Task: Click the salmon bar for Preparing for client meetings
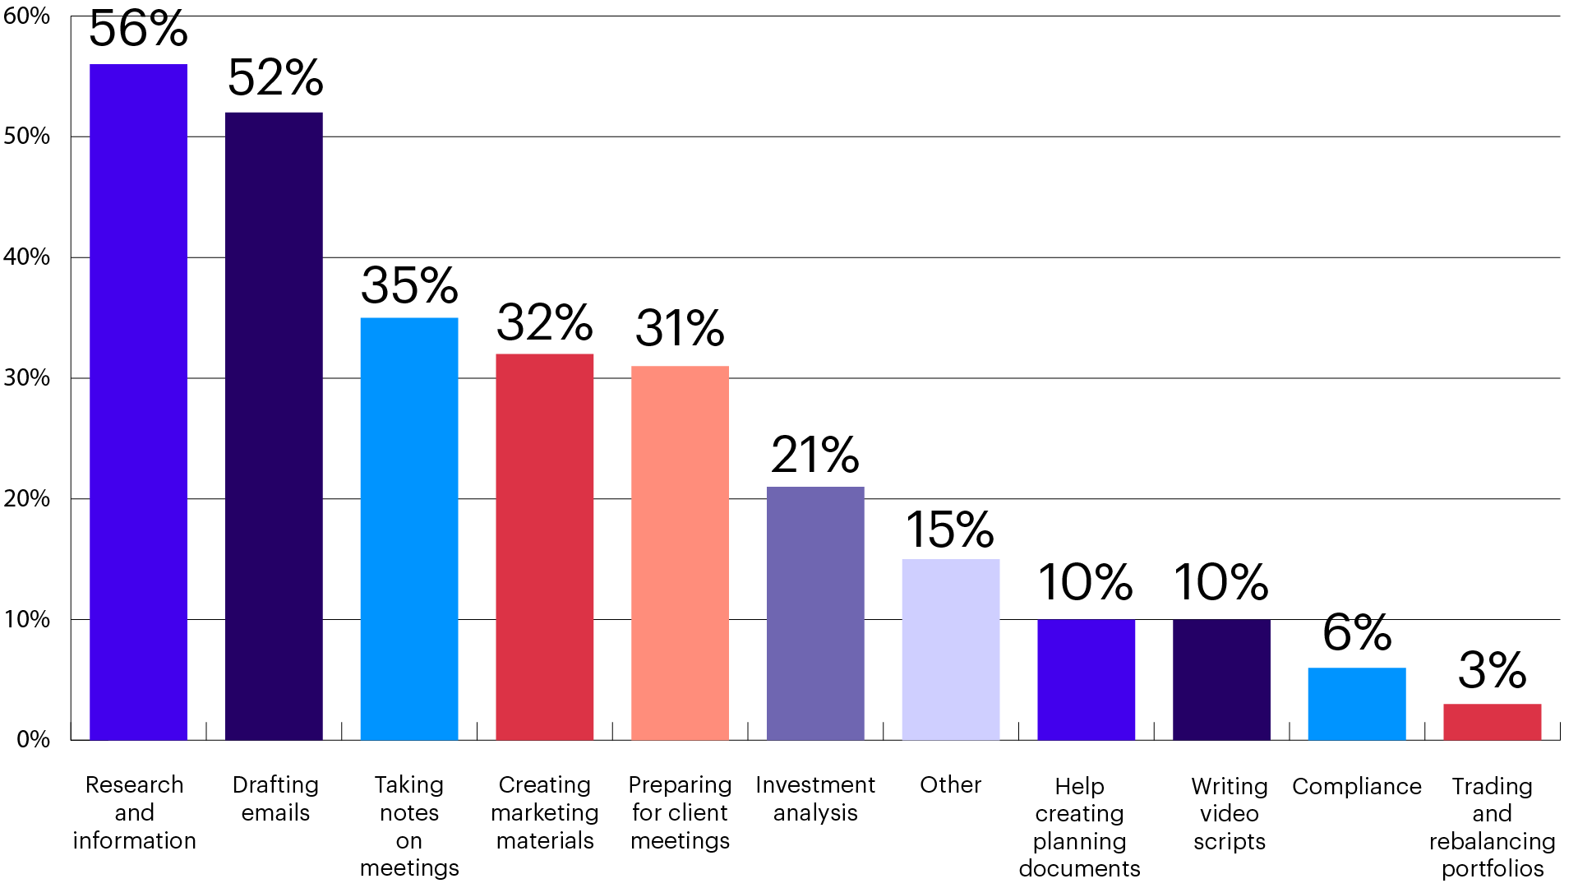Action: click(x=680, y=553)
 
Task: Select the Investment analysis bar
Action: click(x=815, y=613)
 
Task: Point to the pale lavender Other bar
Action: click(x=950, y=650)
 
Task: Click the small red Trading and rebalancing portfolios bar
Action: click(x=1492, y=722)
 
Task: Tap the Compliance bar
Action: click(x=1356, y=704)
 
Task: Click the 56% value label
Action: click(x=138, y=30)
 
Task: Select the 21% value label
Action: click(x=814, y=455)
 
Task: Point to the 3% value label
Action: click(x=1492, y=670)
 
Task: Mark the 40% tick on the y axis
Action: click(x=26, y=257)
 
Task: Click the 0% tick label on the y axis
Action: click(x=33, y=739)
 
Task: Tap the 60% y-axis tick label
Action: click(x=26, y=16)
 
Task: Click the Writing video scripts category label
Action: click(x=1229, y=813)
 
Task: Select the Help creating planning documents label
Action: click(x=1079, y=826)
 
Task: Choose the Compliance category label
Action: click(x=1356, y=786)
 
